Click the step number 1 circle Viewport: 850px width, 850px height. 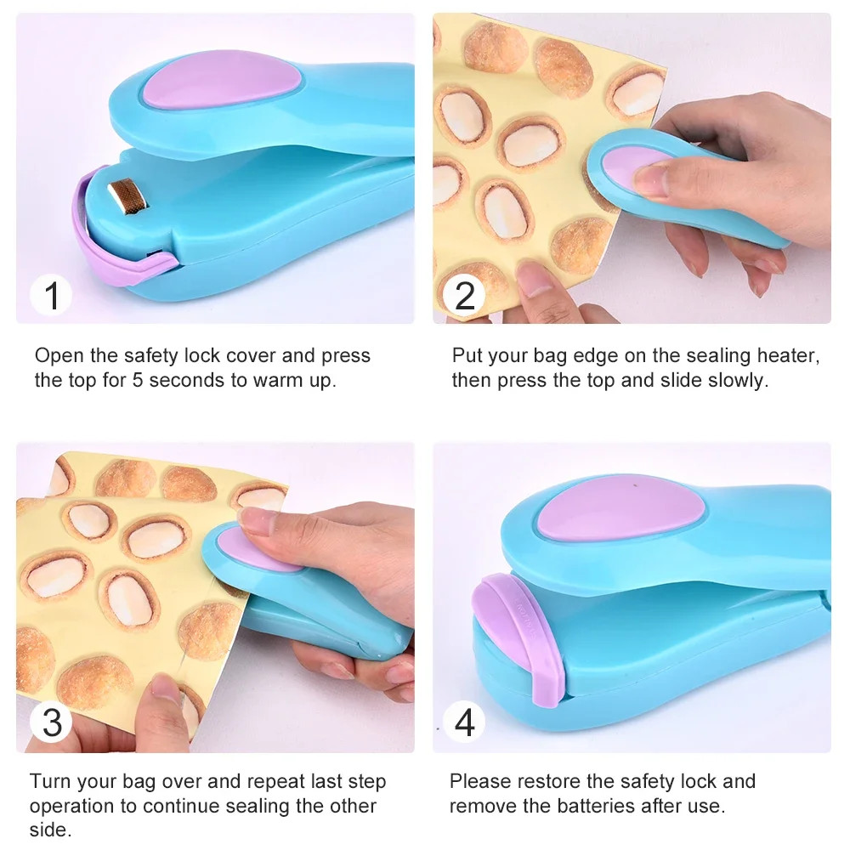tap(52, 296)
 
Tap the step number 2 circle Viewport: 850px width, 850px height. tap(465, 296)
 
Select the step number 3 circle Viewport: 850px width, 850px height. tap(52, 722)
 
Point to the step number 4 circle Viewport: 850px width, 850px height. tap(465, 722)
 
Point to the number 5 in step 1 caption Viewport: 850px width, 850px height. tap(138, 379)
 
